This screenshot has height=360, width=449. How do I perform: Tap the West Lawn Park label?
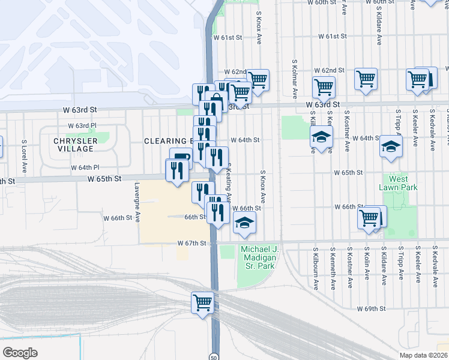click(397, 183)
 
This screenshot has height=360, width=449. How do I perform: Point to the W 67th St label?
click(192, 243)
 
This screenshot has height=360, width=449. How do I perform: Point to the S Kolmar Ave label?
click(295, 78)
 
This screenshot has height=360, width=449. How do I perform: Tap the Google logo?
click(19, 353)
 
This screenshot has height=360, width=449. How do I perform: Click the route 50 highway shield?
click(214, 356)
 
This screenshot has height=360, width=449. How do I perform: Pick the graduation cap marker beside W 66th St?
click(243, 223)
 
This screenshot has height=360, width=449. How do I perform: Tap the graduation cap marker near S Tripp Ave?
click(391, 146)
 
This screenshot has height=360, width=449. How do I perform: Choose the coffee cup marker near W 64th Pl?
click(181, 157)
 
